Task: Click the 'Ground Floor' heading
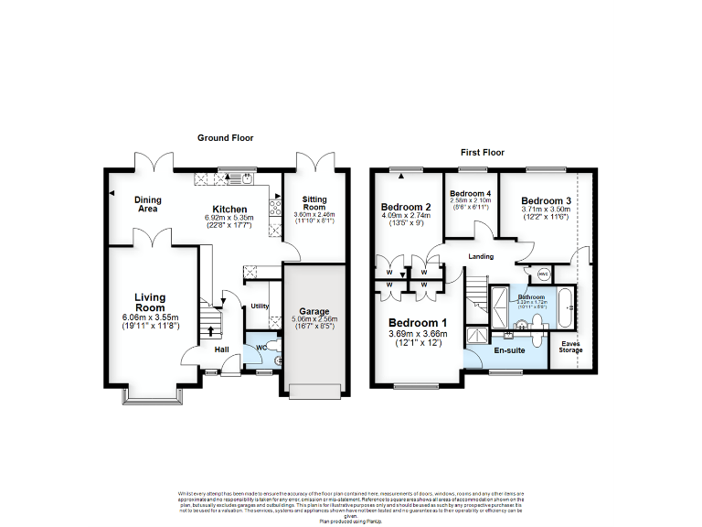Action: click(226, 138)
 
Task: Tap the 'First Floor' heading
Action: click(482, 153)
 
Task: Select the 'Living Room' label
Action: click(149, 302)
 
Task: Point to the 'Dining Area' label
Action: click(147, 204)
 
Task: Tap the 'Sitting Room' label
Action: click(314, 203)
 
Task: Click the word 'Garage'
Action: click(314, 311)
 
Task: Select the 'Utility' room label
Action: click(259, 306)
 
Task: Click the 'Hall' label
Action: click(222, 350)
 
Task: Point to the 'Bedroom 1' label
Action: click(418, 323)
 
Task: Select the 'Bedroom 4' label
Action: click(470, 193)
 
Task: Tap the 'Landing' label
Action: click(482, 256)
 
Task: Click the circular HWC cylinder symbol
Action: click(542, 274)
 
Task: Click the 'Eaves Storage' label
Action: click(570, 346)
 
